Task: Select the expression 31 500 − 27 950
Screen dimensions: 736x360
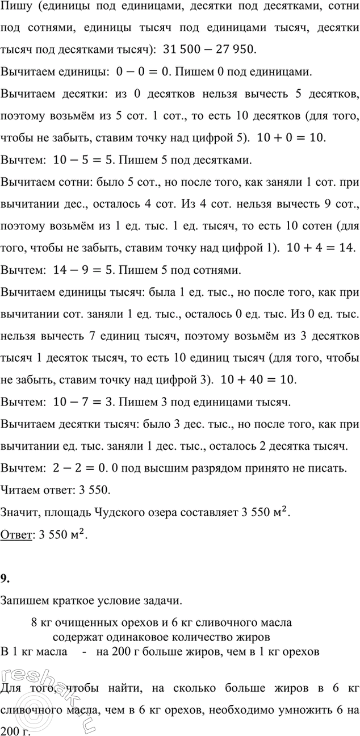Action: pyautogui.click(x=209, y=49)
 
